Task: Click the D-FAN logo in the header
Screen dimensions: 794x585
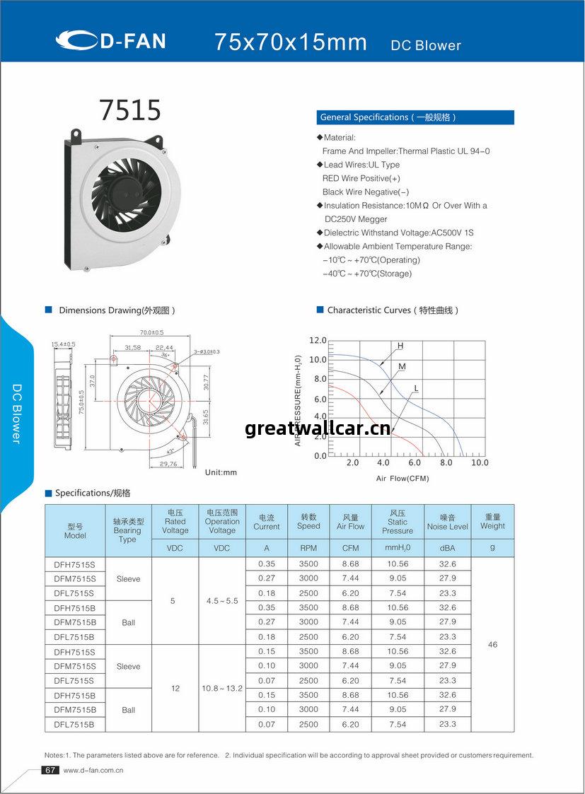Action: [x=110, y=41]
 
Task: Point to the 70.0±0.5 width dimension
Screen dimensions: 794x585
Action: [x=151, y=332]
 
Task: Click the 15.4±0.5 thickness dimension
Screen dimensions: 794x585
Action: [x=63, y=344]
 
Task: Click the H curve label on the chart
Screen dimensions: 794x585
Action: [x=400, y=346]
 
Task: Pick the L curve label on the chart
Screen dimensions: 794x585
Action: [x=416, y=388]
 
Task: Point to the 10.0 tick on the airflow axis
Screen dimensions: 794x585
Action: [x=480, y=462]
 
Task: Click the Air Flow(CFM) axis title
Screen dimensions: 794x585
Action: [x=402, y=479]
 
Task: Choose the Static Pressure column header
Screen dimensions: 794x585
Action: [x=398, y=522]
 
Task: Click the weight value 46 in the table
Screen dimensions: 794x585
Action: [x=492, y=644]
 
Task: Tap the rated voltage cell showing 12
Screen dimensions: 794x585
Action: [x=175, y=688]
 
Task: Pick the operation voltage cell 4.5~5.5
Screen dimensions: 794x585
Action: [x=222, y=600]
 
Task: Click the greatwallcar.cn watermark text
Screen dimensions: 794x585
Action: [x=317, y=428]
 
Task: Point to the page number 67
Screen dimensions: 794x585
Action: [x=50, y=770]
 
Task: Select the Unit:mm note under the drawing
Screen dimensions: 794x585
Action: [x=221, y=472]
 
